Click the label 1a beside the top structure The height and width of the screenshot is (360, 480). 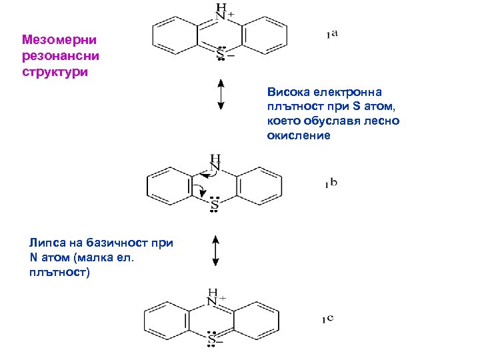[x=331, y=34]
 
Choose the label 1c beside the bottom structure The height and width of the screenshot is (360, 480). [x=327, y=319]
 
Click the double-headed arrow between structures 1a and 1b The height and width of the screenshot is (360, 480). [x=221, y=94]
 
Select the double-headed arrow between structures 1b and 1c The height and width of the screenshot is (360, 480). [x=216, y=251]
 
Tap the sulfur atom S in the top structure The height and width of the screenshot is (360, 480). [x=220, y=56]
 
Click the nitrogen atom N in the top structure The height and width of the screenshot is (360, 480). [x=220, y=15]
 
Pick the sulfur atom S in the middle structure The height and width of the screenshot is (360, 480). [x=215, y=207]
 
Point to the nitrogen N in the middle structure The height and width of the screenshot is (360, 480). [x=215, y=167]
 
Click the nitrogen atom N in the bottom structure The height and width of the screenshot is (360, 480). [x=212, y=301]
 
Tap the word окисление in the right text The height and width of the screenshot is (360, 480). [x=298, y=135]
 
